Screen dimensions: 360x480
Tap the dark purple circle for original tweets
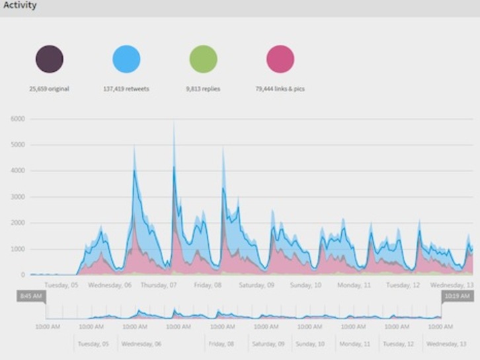(50, 59)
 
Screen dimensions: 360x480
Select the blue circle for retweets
(126, 59)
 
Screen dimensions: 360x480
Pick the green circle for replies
(203, 59)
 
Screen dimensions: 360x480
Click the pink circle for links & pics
(280, 59)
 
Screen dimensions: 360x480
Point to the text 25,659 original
(49, 89)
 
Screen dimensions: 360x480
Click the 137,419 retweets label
(126, 89)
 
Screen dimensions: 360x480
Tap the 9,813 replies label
(203, 89)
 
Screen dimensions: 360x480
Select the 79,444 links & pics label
(280, 89)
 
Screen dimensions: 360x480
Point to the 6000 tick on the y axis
(18, 119)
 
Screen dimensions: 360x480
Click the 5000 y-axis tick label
(18, 145)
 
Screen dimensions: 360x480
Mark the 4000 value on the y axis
(18, 171)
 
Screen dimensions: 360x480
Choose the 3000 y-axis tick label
(18, 197)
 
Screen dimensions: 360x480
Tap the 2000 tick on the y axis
(18, 223)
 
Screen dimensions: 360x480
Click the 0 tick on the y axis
(22, 275)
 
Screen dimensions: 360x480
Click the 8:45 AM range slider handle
(31, 297)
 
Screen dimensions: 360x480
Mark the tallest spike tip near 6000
(174, 122)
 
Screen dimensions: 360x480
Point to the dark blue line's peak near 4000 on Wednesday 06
(134, 170)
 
